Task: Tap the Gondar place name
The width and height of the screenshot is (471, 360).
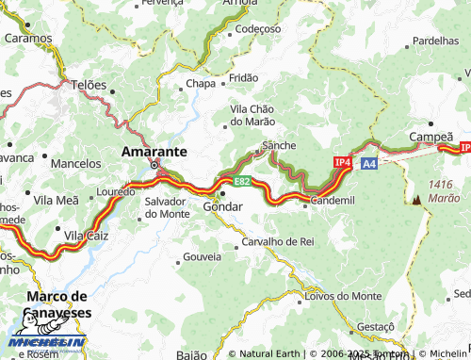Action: pos(223,206)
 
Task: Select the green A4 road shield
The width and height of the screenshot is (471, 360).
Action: pos(369,164)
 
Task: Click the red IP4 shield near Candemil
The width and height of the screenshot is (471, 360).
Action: pos(343,163)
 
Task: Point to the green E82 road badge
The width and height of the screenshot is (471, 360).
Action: pos(242,181)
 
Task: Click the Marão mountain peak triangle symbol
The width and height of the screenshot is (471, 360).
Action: pos(415,200)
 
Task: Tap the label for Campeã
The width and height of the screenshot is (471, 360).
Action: pos(430,138)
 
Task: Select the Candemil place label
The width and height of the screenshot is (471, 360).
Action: pos(333,201)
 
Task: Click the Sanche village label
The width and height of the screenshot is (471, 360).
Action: pos(279,145)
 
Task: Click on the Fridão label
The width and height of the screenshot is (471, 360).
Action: pos(243,77)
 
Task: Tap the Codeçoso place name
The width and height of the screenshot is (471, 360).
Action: pos(258,29)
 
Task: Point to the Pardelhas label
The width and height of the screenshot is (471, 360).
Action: pos(435,41)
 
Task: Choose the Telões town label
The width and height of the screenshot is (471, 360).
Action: pos(89,84)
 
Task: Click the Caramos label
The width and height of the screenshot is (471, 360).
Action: pos(28,39)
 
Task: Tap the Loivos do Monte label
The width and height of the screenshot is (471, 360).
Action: pos(344,296)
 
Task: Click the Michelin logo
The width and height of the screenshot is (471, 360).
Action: pos(47,343)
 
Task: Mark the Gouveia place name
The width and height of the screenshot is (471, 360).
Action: pos(202,256)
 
